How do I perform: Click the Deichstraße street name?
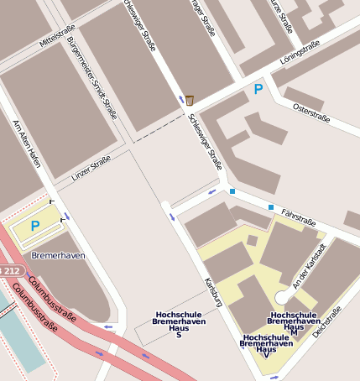click(x=327, y=322)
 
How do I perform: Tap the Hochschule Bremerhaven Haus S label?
click(x=179, y=325)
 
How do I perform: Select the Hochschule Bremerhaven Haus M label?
click(x=294, y=323)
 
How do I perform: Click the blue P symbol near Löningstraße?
click(x=258, y=88)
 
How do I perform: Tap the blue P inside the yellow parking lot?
click(x=35, y=225)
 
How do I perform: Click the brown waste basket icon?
click(x=190, y=100)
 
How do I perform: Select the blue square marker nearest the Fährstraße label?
click(x=271, y=206)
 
